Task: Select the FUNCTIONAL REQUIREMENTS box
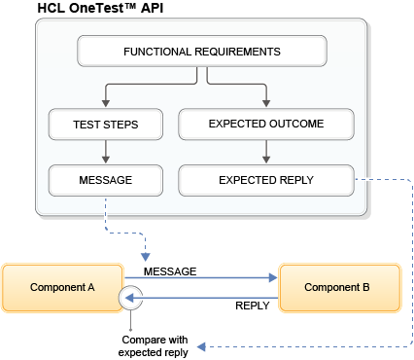pyautogui.click(x=202, y=51)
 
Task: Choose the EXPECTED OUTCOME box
pyautogui.click(x=265, y=124)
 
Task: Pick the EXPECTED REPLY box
pyautogui.click(x=265, y=179)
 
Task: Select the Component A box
pyautogui.click(x=62, y=288)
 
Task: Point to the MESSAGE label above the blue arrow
pyautogui.click(x=170, y=270)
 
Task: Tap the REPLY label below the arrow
pyautogui.click(x=252, y=306)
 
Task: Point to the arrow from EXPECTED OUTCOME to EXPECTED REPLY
pyautogui.click(x=265, y=152)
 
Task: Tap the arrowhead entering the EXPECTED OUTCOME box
pyautogui.click(x=265, y=104)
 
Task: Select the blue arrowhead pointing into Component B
pyautogui.click(x=273, y=278)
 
